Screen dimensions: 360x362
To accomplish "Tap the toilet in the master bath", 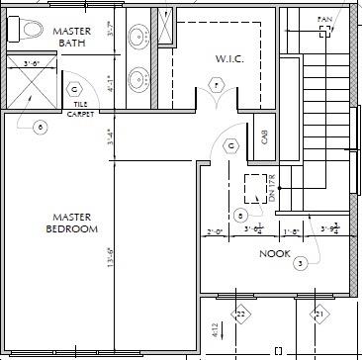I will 29,29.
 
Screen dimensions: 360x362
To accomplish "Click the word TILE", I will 76,106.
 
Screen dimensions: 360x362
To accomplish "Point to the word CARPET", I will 80,114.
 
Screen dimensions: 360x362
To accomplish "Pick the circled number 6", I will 40,127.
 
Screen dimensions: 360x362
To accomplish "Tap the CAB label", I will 265,137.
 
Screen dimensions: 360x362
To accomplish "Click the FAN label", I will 323,19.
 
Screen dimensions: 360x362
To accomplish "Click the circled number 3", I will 301,262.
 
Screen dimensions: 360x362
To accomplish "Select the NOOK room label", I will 274,253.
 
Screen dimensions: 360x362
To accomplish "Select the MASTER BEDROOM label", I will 72,223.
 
